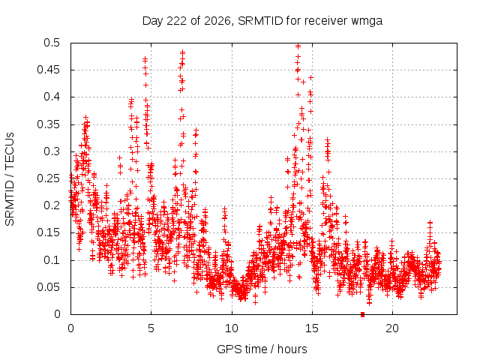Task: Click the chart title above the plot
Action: click(262, 21)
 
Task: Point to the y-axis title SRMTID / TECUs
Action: click(10, 179)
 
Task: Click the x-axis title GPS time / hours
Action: click(262, 349)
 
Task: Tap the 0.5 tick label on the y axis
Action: click(52, 43)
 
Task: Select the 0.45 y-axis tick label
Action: click(49, 70)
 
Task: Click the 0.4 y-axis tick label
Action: click(52, 97)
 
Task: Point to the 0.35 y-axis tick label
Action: click(49, 124)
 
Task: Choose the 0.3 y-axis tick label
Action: click(52, 151)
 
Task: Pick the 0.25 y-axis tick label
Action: click(49, 178)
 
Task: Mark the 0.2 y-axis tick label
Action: click(52, 205)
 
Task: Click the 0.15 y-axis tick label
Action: click(49, 232)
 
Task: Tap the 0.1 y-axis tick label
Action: click(52, 260)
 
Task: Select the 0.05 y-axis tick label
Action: click(49, 287)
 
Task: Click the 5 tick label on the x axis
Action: click(151, 328)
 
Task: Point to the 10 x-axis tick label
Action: click(232, 328)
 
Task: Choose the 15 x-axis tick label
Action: click(312, 328)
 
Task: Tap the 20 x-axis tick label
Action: click(392, 328)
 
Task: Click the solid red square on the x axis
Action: click(363, 314)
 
